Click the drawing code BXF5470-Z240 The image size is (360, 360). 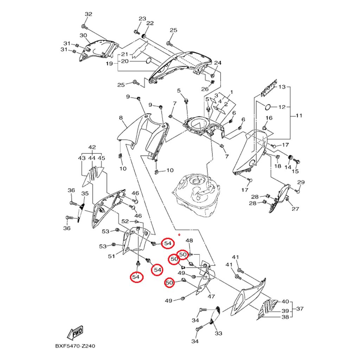click(75, 347)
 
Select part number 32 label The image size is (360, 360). click(88, 14)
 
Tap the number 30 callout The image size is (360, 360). click(83, 36)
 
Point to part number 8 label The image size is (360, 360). click(121, 118)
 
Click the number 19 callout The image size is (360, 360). click(109, 64)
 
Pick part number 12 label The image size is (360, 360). click(282, 107)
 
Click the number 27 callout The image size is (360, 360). click(295, 209)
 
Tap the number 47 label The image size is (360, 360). click(211, 296)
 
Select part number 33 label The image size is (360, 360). click(218, 333)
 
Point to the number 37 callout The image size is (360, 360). click(300, 309)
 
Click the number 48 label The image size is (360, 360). click(189, 241)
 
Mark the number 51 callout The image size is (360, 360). click(111, 256)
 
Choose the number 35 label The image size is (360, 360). click(85, 194)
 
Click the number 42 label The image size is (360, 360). click(92, 147)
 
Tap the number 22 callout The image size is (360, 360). click(150, 23)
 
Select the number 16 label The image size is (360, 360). click(269, 118)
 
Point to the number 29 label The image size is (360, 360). click(301, 182)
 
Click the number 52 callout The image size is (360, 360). click(125, 221)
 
